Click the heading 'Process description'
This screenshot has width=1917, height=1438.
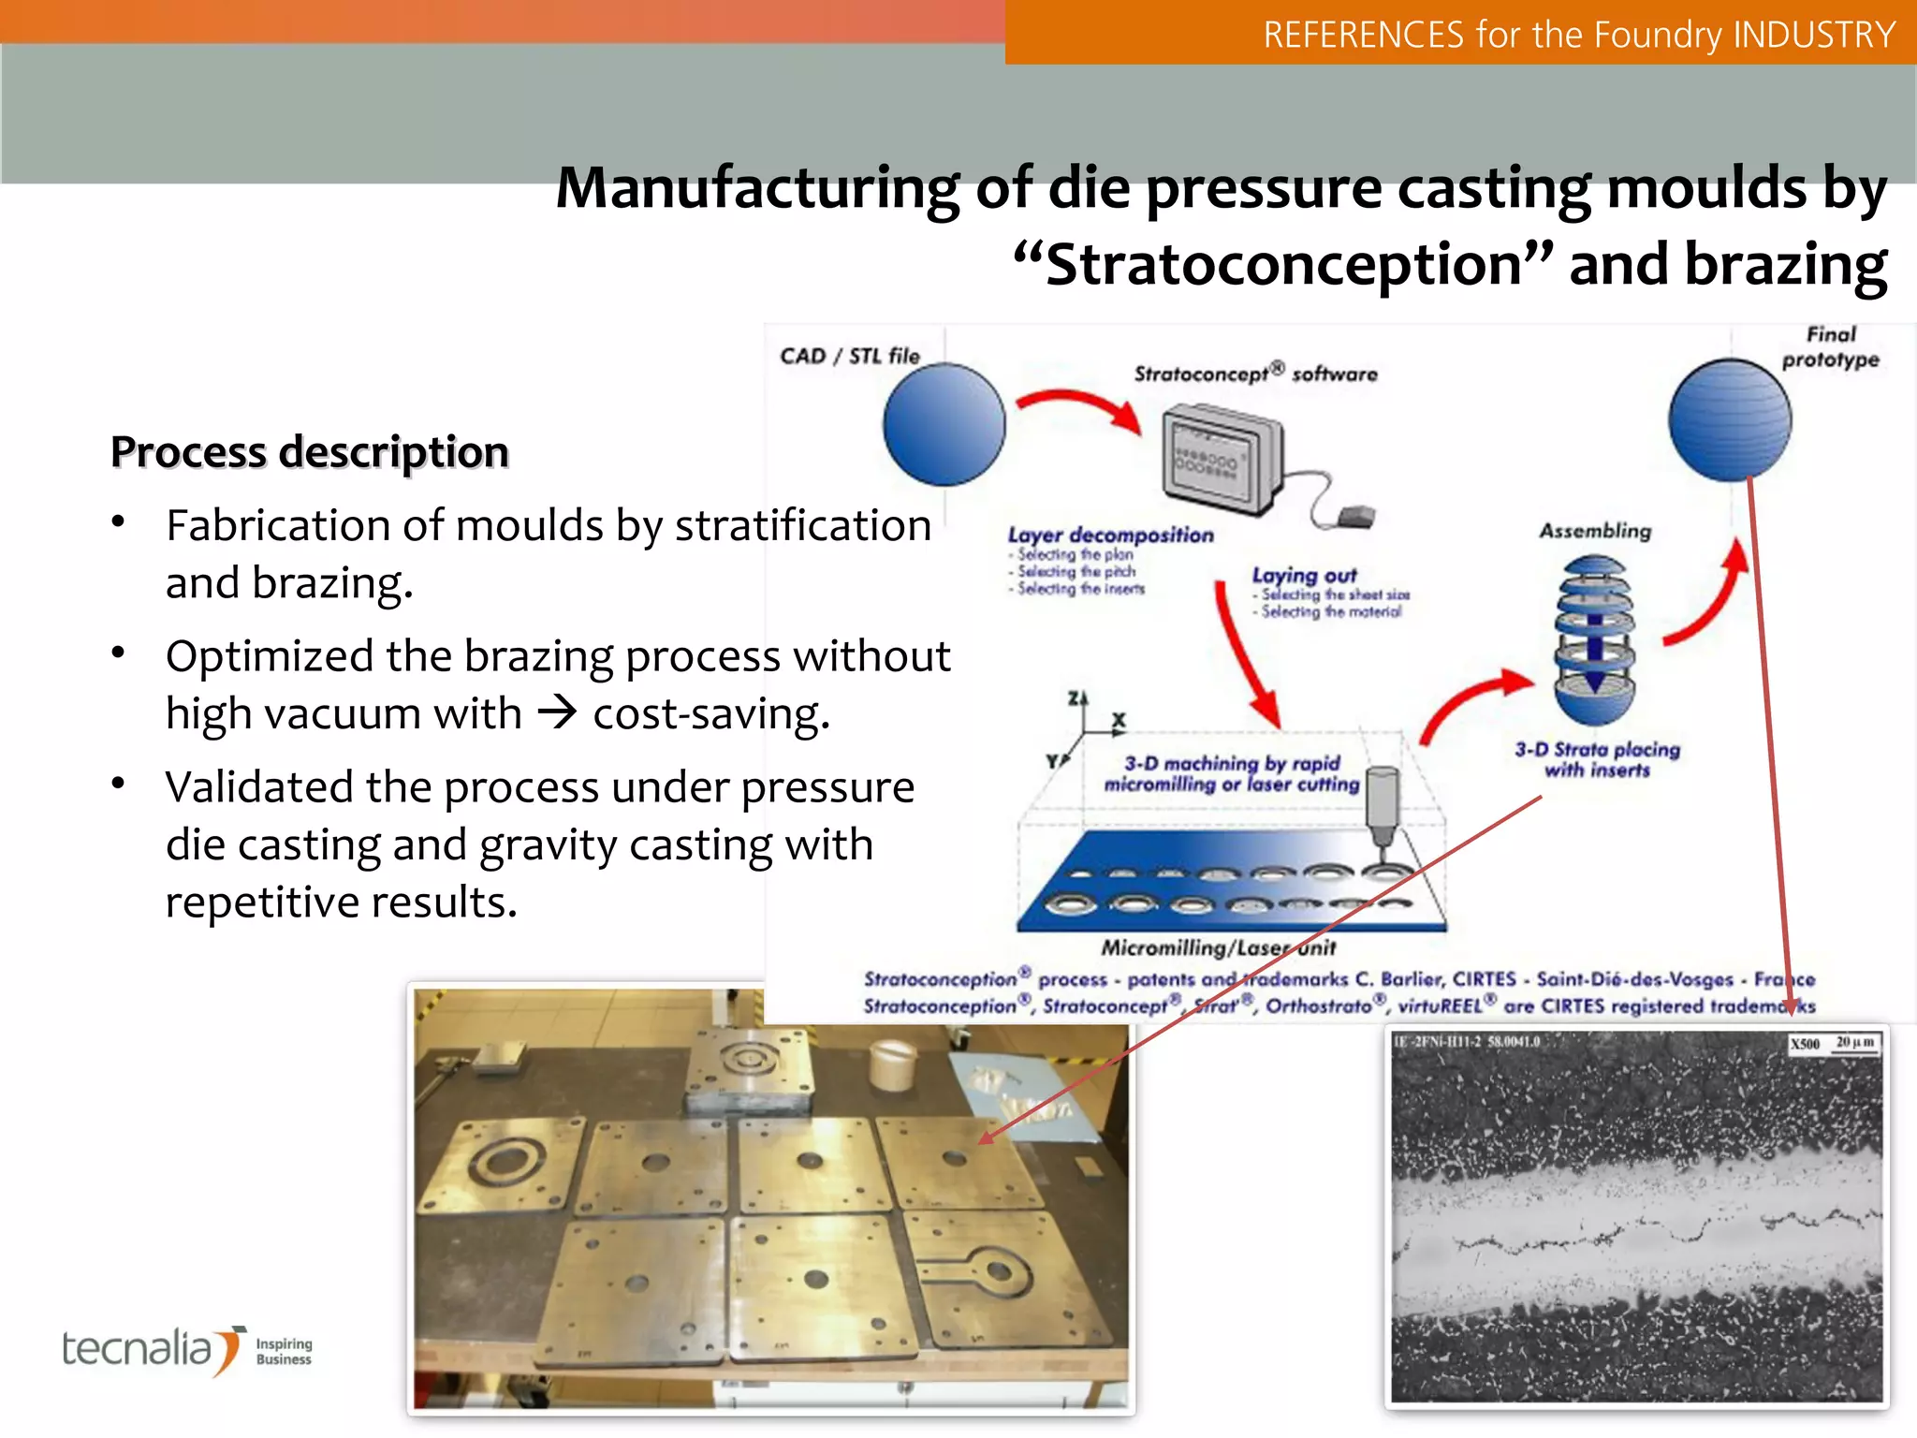[x=310, y=452]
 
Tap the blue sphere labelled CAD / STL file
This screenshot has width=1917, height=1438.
[x=944, y=425]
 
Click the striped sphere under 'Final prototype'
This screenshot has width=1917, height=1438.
[x=1730, y=420]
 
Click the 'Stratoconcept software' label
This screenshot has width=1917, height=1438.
[x=1255, y=374]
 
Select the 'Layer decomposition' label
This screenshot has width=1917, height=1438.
[x=1110, y=536]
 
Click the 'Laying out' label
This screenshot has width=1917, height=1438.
[x=1304, y=576]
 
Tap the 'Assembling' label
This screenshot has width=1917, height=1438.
[x=1595, y=531]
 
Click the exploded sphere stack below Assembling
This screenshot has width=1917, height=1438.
[x=1595, y=639]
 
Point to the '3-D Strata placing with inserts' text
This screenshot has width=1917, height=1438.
[x=1597, y=759]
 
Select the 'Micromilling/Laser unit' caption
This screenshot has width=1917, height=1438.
[x=1218, y=947]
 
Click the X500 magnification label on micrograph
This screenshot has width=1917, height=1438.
[x=1804, y=1043]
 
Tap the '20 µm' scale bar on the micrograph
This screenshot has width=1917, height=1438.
[x=1854, y=1042]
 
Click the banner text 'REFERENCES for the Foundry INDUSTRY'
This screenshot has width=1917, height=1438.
[x=1578, y=35]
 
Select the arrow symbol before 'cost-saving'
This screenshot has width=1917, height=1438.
[x=557, y=713]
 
